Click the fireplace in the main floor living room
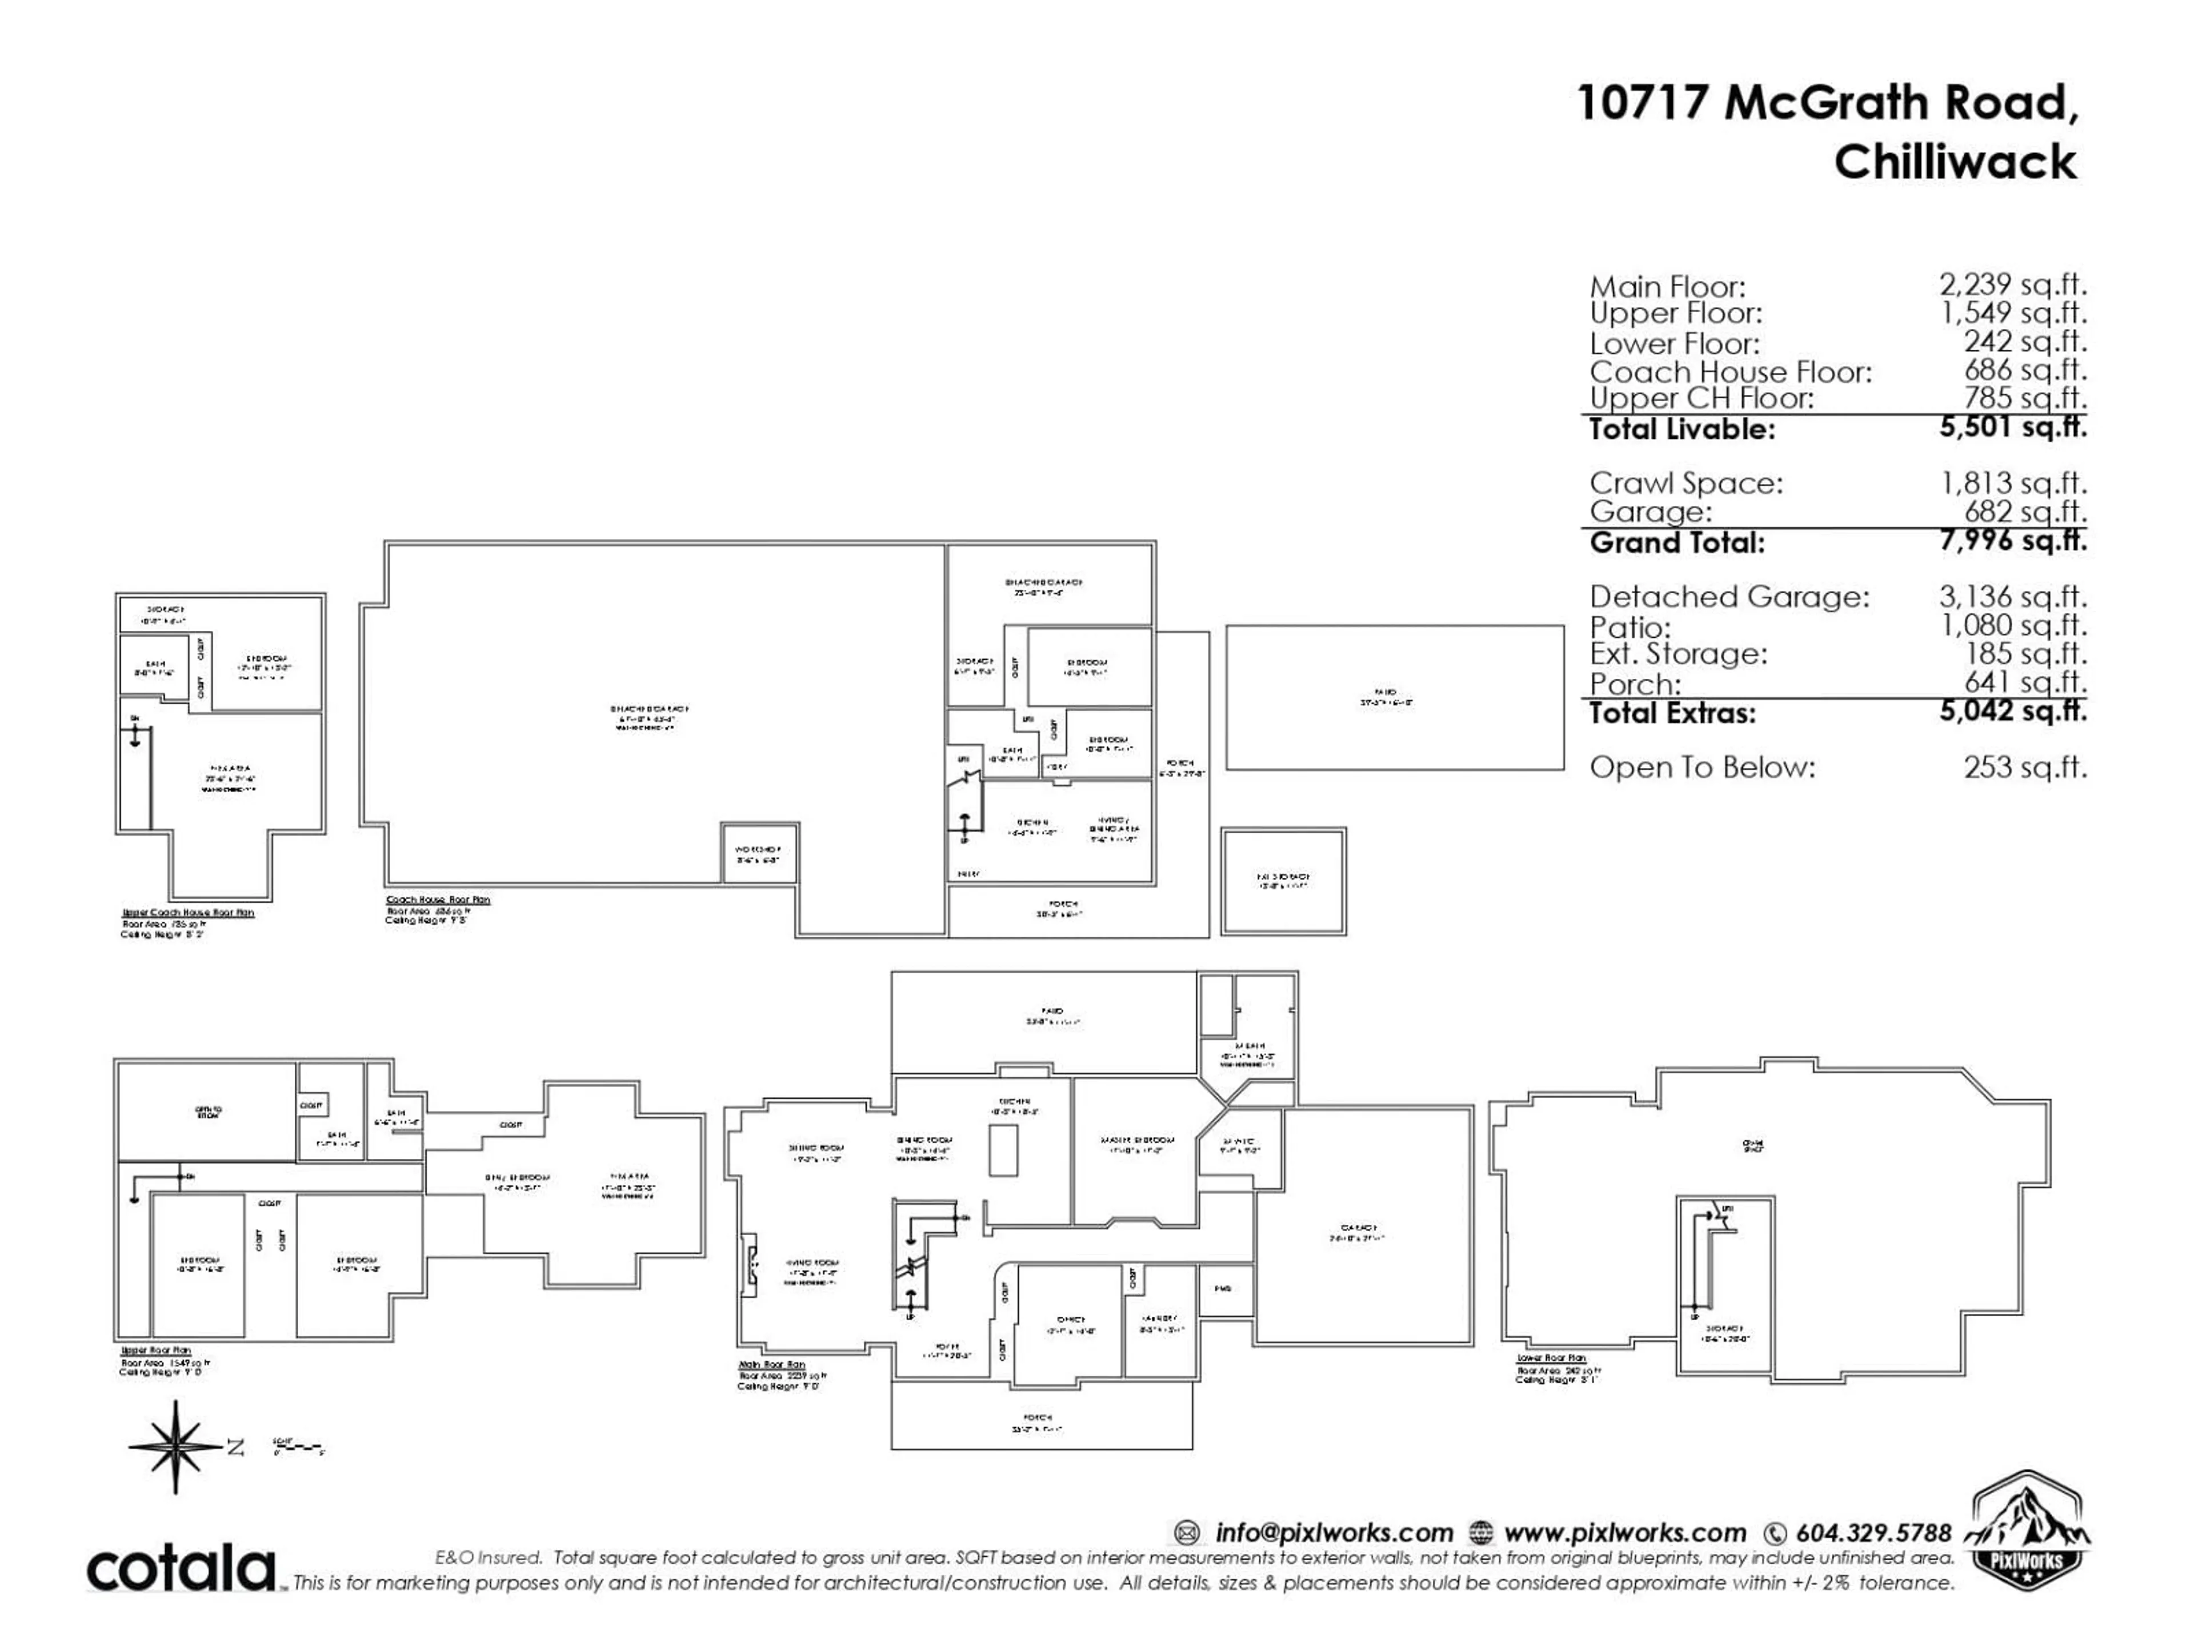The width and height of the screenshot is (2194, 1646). coord(750,1264)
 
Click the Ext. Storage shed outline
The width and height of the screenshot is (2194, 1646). coord(1283,881)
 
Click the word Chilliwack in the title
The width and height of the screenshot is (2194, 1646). coord(1954,162)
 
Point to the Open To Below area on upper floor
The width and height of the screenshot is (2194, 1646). coord(206,1110)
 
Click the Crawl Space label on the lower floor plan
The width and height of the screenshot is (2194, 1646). coord(1752,1145)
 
